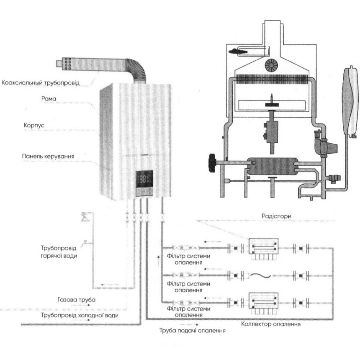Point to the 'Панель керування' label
point(49,157)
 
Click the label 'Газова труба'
point(77,300)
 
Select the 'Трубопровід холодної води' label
point(79,315)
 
